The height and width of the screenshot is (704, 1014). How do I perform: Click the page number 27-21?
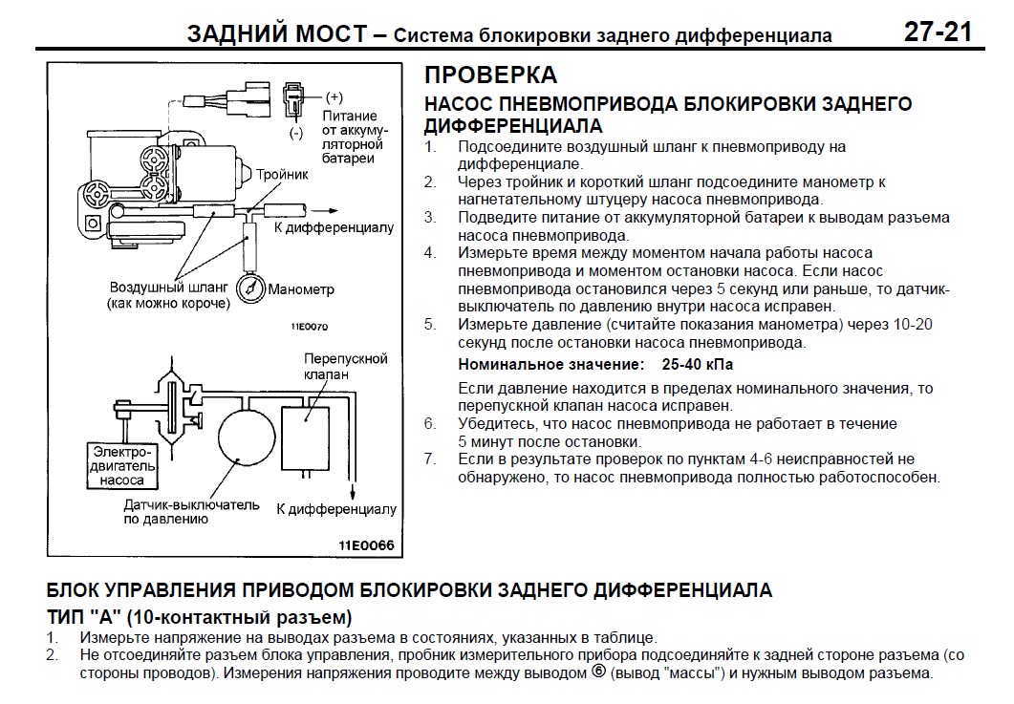938,32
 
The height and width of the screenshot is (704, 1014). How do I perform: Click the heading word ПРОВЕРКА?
489,75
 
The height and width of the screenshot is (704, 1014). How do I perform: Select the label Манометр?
302,289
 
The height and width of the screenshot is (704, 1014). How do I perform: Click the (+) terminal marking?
334,97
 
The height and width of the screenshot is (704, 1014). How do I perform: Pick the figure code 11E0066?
364,546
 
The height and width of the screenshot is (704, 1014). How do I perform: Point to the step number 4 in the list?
430,253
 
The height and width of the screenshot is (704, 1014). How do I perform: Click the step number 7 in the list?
430,459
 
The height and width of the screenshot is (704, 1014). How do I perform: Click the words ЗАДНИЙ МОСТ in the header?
276,33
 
